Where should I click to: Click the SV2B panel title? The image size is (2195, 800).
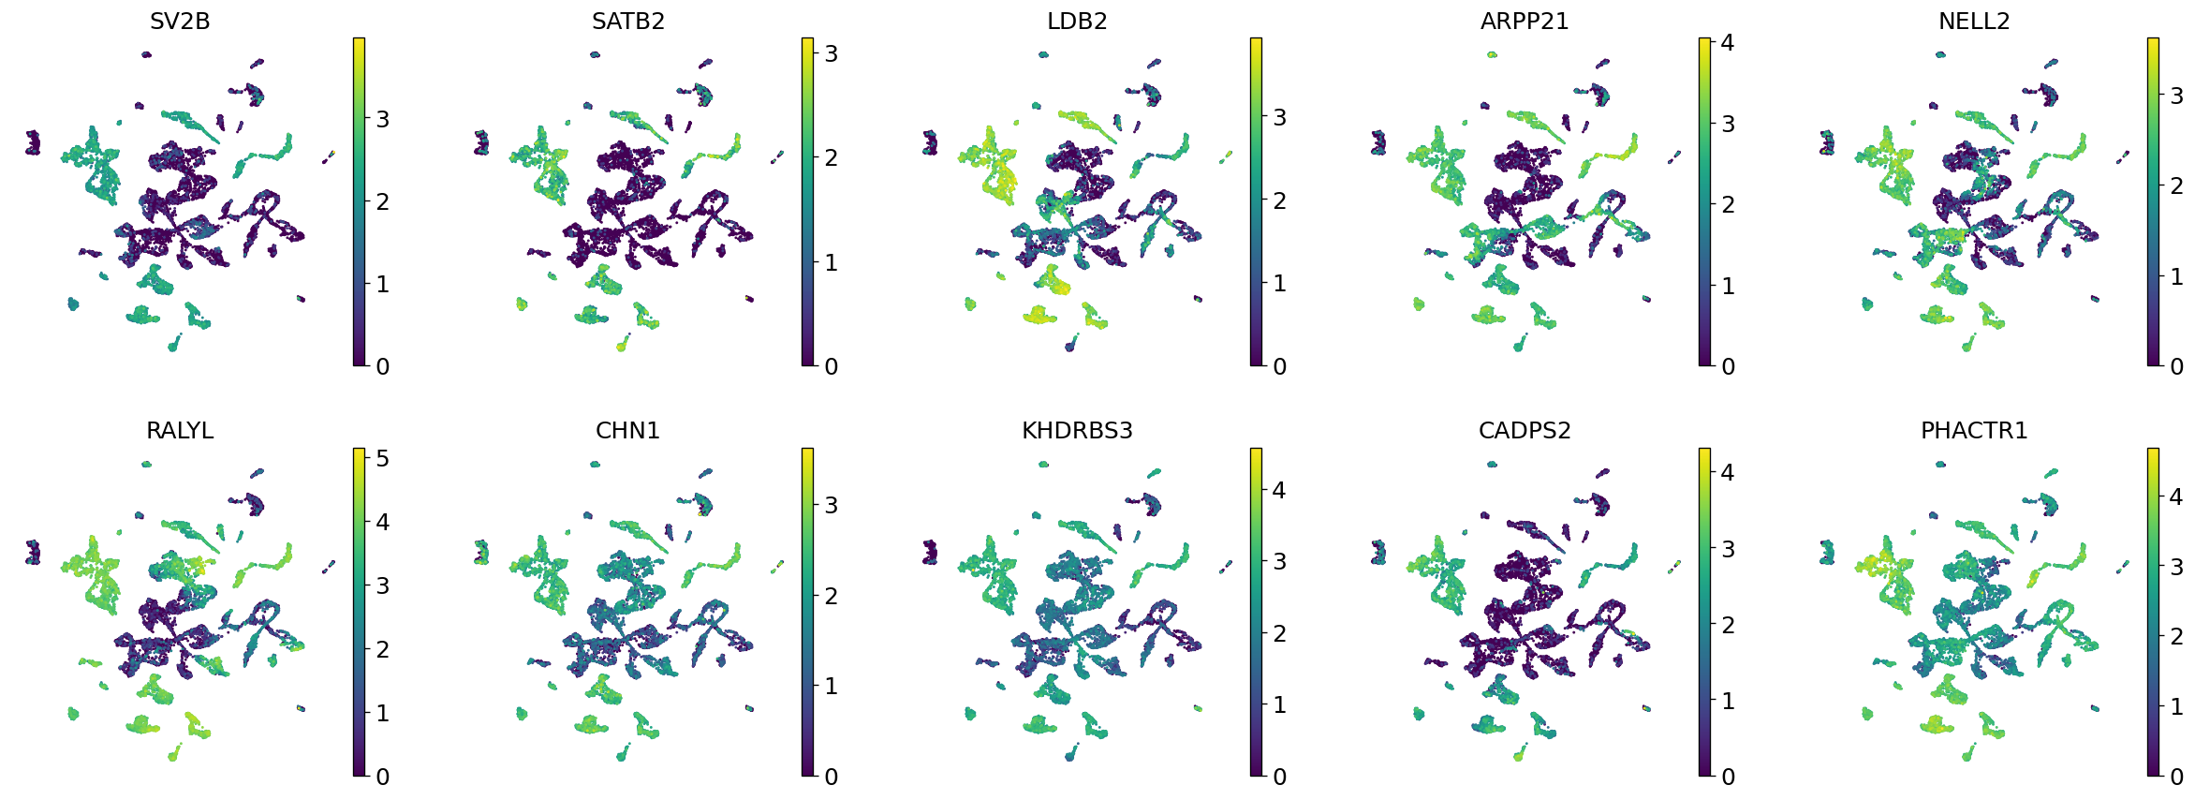(180, 21)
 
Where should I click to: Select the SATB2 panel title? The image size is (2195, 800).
(628, 21)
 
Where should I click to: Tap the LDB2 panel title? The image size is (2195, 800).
(1077, 21)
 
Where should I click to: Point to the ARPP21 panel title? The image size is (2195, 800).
(1525, 21)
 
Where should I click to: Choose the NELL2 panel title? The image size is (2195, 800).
(1974, 21)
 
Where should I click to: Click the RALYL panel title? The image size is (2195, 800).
(180, 430)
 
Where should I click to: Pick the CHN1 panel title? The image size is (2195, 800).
(628, 430)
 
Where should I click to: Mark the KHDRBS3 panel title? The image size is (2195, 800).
(1077, 430)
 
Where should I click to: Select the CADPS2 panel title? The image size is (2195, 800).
(1525, 430)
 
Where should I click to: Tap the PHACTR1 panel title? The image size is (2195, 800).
(1974, 430)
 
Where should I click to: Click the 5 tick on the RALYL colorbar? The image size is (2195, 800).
(382, 458)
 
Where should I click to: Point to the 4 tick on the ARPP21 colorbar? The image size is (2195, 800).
(1728, 42)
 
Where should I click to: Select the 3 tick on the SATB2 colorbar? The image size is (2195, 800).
(831, 53)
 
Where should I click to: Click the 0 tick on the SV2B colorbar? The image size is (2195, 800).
(382, 366)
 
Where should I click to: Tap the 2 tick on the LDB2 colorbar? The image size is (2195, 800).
(1279, 200)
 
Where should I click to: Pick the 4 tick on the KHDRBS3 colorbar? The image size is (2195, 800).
(1279, 490)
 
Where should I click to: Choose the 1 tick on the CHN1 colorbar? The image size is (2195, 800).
(831, 686)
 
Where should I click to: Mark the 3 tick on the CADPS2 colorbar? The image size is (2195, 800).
(1728, 549)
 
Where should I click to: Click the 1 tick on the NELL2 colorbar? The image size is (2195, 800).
(2176, 276)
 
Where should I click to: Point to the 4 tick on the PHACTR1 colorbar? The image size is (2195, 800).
(2176, 496)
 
